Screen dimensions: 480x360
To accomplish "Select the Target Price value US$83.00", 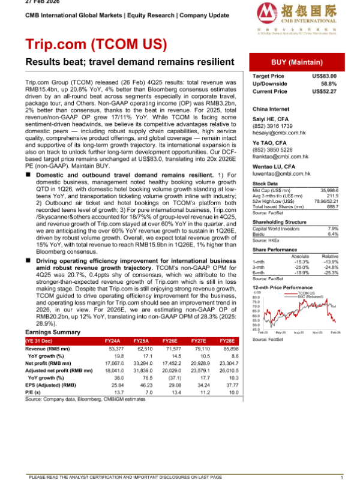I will tap(325, 76).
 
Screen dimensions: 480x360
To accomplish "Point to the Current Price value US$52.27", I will tap(325, 91).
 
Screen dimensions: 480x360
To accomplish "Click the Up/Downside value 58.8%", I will tap(329, 84).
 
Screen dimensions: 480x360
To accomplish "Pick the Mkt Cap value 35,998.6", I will tap(326, 189).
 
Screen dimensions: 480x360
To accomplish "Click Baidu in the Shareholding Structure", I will tap(259, 233).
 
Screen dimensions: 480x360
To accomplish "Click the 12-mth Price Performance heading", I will tap(283, 287).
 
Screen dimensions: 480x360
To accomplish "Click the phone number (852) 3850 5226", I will tap(272, 149).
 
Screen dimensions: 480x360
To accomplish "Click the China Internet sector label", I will tap(271, 109).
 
